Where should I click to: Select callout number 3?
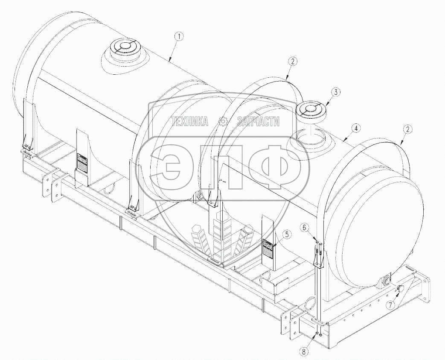pos(337,92)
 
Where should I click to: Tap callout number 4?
pos(355,128)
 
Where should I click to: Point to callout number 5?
pos(287,234)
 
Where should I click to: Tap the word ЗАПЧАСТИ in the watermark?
pos(258,122)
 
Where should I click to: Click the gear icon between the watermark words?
pos(222,122)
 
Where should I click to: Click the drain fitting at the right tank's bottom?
pos(386,280)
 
